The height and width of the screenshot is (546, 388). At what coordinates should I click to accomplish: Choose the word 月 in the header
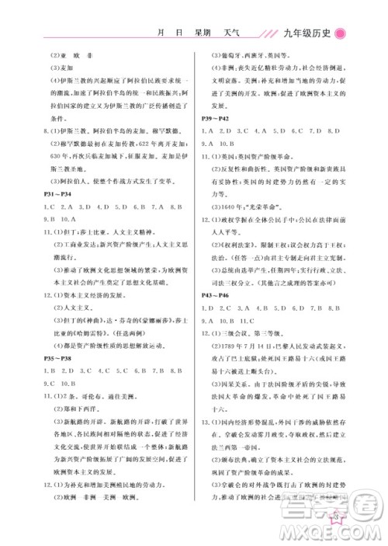point(160,33)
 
